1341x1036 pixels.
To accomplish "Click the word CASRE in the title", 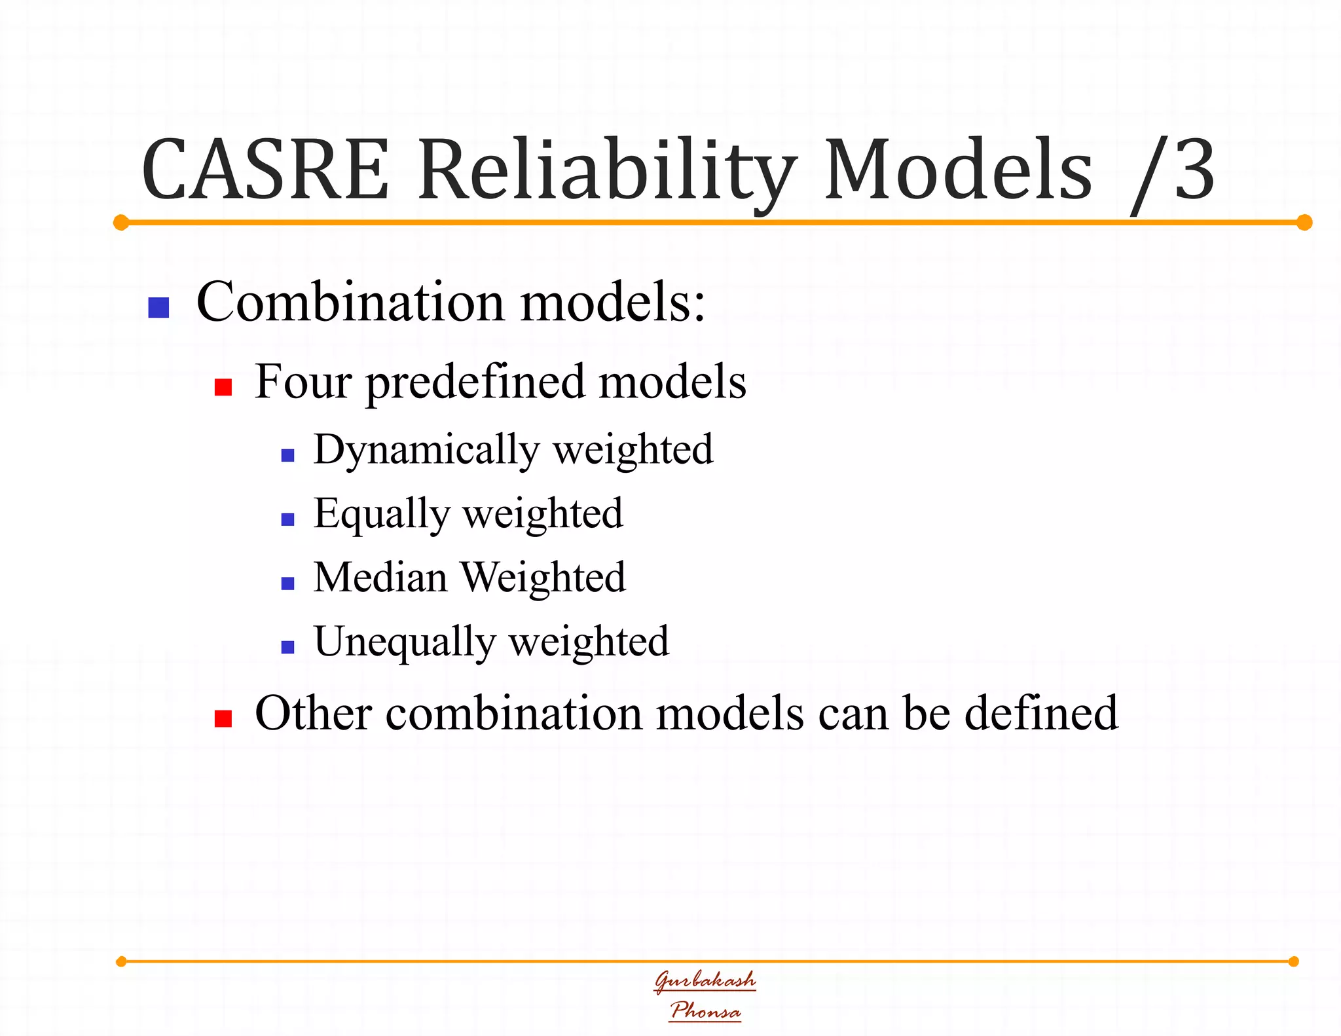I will (265, 170).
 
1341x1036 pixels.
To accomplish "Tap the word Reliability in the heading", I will (608, 172).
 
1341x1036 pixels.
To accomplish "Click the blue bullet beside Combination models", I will (158, 308).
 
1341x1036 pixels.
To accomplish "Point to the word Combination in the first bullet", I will (350, 303).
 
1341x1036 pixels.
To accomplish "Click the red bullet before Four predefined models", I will (223, 387).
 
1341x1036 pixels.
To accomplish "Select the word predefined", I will (475, 382).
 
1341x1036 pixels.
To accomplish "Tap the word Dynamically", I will (426, 451).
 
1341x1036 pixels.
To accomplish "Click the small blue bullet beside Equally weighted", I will (287, 519).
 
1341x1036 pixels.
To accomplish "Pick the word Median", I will (380, 578).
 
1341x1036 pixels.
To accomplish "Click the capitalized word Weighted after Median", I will (543, 578).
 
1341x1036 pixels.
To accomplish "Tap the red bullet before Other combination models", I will (223, 718).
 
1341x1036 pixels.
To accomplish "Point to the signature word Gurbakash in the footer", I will (705, 980).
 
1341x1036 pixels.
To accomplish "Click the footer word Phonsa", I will (705, 1010).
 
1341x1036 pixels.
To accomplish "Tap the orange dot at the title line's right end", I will (1304, 223).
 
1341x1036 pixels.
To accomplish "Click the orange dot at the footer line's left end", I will (121, 961).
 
